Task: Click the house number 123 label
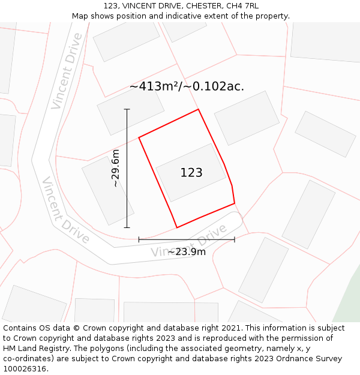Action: (x=191, y=173)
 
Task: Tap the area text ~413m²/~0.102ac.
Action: (x=187, y=86)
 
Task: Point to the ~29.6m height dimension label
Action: (x=116, y=169)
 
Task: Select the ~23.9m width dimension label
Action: (x=187, y=251)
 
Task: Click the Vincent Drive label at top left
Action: (x=67, y=71)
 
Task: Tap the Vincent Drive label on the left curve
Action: (x=65, y=211)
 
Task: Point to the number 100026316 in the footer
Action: (x=25, y=368)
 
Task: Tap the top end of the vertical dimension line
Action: (x=127, y=109)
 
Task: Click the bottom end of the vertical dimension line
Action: (x=127, y=227)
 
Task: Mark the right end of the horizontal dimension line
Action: (x=235, y=239)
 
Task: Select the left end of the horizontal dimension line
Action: (x=139, y=239)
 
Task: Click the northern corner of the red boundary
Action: (x=198, y=109)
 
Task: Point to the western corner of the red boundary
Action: (x=139, y=137)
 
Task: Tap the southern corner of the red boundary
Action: (x=177, y=227)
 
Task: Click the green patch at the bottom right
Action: (x=349, y=306)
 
